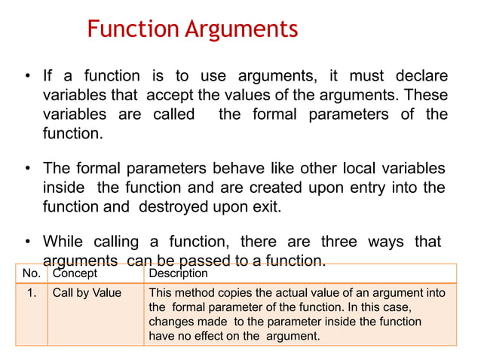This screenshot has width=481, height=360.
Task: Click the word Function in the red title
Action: click(x=132, y=29)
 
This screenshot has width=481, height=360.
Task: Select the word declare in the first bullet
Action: click(x=419, y=76)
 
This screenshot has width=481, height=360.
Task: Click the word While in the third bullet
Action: click(x=63, y=242)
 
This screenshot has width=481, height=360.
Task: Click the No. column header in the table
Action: click(x=31, y=273)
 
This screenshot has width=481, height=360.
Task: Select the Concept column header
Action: click(x=75, y=273)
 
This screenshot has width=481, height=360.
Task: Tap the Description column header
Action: click(x=179, y=273)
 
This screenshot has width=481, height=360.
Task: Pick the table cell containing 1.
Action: click(x=32, y=293)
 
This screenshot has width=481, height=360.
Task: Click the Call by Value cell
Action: click(x=87, y=293)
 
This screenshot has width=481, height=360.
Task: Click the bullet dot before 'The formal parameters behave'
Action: click(x=27, y=168)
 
